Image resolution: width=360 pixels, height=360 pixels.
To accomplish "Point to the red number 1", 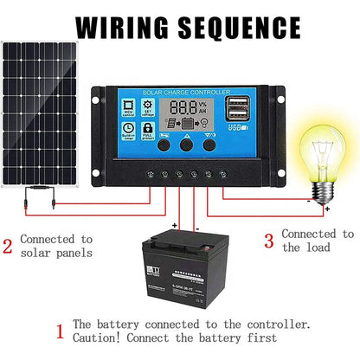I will tap(59, 331).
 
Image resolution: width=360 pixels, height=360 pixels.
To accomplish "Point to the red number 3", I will tap(268, 240).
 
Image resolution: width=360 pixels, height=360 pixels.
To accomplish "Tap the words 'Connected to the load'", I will tap(317, 240).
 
